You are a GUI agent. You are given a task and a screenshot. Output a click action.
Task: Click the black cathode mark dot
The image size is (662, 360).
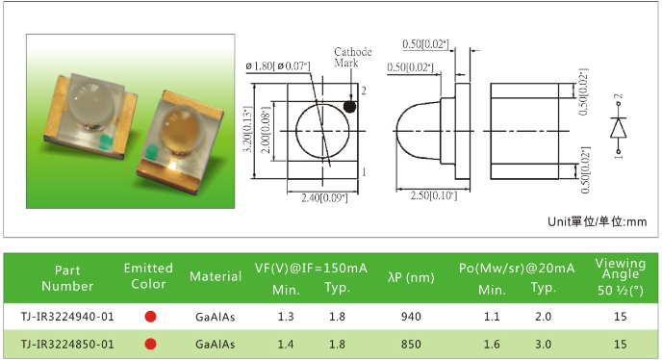click(x=349, y=107)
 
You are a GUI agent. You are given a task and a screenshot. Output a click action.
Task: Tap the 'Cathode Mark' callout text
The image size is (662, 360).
click(x=353, y=58)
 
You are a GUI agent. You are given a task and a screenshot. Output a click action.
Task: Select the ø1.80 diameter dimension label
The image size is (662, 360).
click(x=278, y=65)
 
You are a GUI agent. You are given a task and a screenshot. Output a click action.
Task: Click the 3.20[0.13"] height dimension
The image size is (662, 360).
click(x=248, y=129)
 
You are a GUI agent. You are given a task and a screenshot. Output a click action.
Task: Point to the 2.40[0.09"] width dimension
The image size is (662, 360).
click(x=324, y=197)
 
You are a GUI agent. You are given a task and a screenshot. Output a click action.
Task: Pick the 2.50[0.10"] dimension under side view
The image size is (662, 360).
click(x=434, y=195)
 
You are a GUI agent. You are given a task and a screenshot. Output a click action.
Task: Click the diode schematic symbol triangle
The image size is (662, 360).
click(x=618, y=128)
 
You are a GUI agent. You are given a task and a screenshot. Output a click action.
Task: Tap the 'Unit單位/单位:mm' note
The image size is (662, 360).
click(x=597, y=221)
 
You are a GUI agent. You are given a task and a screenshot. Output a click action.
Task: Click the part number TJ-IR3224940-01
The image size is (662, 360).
click(x=67, y=317)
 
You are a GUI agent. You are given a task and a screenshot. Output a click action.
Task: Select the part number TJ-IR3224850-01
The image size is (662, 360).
click(x=67, y=345)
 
